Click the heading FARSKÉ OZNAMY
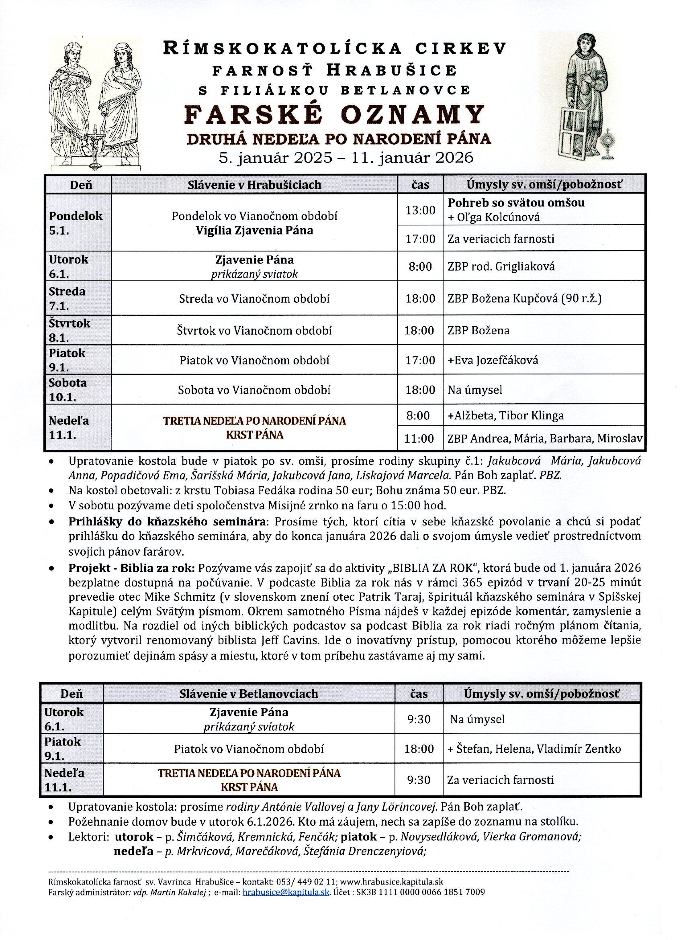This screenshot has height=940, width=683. coord(334,114)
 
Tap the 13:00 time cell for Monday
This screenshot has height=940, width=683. coord(420,210)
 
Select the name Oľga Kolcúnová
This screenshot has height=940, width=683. coord(498,217)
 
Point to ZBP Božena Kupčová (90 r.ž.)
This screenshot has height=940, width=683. coord(524,298)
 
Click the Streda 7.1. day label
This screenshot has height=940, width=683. coord(67,298)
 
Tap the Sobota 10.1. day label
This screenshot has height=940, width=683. coord(67,390)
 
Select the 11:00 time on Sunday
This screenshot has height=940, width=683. coord(419,438)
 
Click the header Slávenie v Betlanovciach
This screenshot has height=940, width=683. coord(249,693)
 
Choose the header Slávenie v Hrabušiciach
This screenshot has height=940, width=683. coord(254,184)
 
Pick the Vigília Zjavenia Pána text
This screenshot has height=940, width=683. coord(254,231)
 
